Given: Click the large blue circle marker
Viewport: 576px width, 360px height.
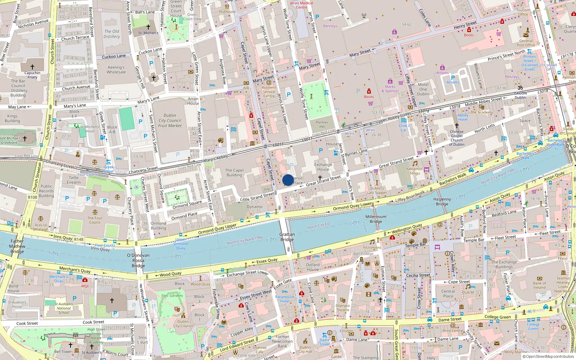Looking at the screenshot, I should tap(288, 180).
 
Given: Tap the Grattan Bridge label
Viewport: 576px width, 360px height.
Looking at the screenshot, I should tap(287, 237).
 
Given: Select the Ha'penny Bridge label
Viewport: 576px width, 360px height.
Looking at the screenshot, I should tap(442, 202).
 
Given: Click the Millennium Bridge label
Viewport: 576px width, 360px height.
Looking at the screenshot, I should tap(376, 219).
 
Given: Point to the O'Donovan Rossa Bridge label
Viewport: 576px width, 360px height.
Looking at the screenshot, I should tap(138, 260).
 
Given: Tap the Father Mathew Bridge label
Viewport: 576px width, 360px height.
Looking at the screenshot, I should tap(17, 246).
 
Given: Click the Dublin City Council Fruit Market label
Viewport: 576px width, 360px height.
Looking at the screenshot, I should tap(170, 121).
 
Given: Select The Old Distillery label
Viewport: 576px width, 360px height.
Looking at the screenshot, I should tap(112, 34).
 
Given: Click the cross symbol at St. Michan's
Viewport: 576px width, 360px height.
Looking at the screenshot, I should tap(148, 27).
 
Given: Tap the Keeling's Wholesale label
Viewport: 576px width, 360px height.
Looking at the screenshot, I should tap(116, 69).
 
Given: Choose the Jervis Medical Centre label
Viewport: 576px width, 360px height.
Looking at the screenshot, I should tap(302, 5).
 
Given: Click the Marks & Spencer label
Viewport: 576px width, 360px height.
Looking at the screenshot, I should tap(390, 89).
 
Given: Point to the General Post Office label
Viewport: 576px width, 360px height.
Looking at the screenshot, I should tap(526, 43).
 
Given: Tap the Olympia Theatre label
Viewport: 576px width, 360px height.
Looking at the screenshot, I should tap(342, 308).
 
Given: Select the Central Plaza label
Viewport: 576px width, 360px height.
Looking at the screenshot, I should tap(448, 293).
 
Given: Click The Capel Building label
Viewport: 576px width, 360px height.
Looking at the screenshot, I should tap(234, 172).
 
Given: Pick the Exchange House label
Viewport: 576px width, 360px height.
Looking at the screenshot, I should tap(323, 167).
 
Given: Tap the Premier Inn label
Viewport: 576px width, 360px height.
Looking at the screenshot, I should tap(322, 124).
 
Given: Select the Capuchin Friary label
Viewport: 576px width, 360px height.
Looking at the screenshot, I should tap(32, 75).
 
